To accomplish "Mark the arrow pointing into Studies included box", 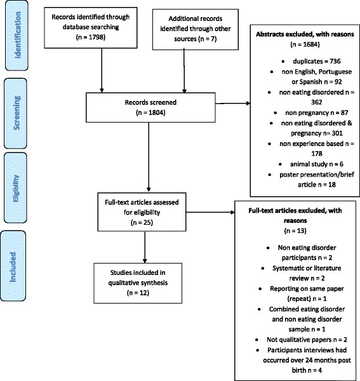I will point(145,251).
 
